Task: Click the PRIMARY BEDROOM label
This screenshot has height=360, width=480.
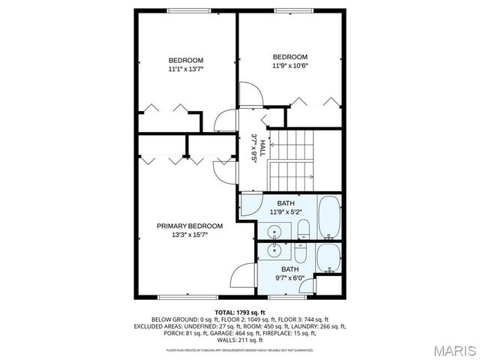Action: tap(189, 226)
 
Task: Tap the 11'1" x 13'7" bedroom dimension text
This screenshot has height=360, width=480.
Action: tap(186, 69)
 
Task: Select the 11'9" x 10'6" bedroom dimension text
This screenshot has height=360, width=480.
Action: tap(289, 65)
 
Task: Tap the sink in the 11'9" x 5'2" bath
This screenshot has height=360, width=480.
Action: tap(276, 231)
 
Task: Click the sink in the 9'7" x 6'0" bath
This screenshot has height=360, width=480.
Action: tap(276, 250)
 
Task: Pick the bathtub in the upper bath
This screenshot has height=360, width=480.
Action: tap(330, 217)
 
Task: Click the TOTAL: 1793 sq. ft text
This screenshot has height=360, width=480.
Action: tap(239, 312)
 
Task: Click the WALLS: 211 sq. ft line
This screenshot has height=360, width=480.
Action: tap(239, 340)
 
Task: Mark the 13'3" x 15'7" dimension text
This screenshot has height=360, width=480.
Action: tap(189, 234)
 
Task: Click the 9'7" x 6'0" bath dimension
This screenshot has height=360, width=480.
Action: tap(289, 277)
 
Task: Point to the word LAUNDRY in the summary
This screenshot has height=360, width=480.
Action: tap(309, 326)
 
